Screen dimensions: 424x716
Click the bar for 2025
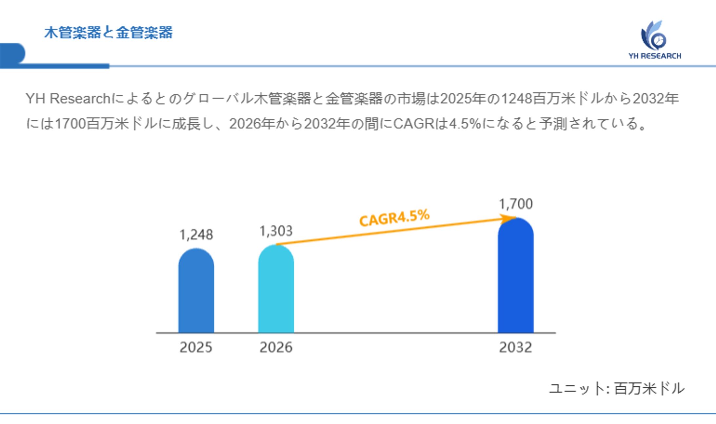(x=196, y=292)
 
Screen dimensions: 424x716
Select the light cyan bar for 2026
(x=276, y=290)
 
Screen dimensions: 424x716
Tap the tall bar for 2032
(x=515, y=277)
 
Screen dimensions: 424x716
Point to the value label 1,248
(x=196, y=235)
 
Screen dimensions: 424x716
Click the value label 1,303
(x=276, y=231)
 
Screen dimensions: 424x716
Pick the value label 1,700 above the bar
(x=516, y=204)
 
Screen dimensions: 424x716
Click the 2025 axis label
(x=196, y=347)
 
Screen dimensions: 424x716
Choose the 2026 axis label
(x=276, y=347)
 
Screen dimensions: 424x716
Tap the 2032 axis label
(x=515, y=347)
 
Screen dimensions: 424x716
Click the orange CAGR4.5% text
(x=394, y=218)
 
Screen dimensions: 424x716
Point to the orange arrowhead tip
(x=515, y=217)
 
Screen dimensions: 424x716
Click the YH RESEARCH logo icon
(x=653, y=36)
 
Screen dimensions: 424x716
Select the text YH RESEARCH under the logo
(x=655, y=56)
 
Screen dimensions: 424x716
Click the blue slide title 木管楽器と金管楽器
(x=108, y=32)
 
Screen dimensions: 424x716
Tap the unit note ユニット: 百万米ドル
(x=616, y=389)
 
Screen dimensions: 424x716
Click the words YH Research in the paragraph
(x=68, y=98)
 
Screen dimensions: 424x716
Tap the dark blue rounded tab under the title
(x=12, y=53)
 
